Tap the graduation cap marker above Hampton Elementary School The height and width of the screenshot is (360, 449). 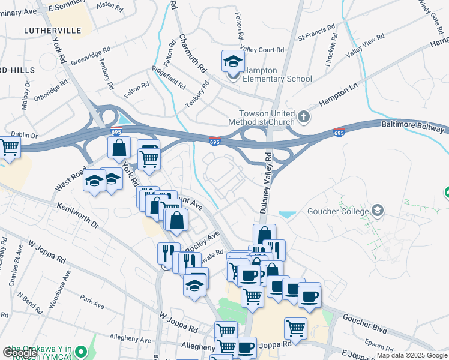[x=233, y=62]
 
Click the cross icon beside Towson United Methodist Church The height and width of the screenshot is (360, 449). [x=304, y=116]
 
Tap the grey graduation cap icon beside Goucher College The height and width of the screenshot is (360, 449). [x=378, y=211]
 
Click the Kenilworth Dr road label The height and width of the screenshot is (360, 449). [x=77, y=215]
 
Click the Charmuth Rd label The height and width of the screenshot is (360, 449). [x=192, y=53]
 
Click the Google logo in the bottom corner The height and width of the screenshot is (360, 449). [x=21, y=353]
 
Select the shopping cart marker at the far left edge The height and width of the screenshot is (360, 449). [x=8, y=148]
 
